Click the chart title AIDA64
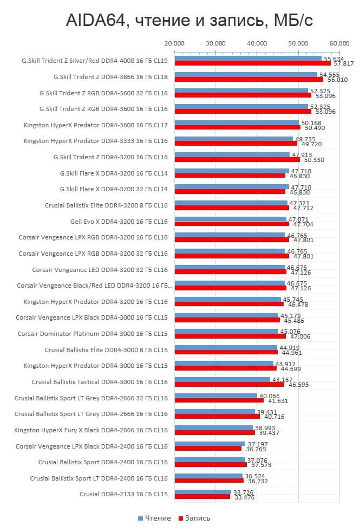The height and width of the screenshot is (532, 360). point(189,20)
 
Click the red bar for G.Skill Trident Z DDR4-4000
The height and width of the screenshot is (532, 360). point(252,63)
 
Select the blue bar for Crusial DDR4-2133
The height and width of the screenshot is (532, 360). point(202,492)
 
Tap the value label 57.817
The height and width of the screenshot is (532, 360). point(344,63)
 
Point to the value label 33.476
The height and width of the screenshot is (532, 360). point(241,497)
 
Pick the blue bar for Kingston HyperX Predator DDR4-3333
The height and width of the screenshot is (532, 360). point(233,139)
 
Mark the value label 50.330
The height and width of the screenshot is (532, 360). point(310,160)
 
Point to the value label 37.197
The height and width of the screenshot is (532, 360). point(258,444)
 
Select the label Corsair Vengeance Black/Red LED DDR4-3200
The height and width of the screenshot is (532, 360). point(94,286)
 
